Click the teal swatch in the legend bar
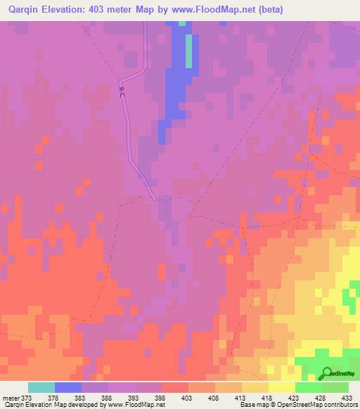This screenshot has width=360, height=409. tap(41, 387)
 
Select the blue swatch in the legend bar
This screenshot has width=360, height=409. tap(68, 387)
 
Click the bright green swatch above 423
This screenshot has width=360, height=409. tap(309, 387)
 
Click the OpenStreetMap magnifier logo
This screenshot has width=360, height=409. tap(326, 374)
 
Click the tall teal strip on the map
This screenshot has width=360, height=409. tap(188, 49)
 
